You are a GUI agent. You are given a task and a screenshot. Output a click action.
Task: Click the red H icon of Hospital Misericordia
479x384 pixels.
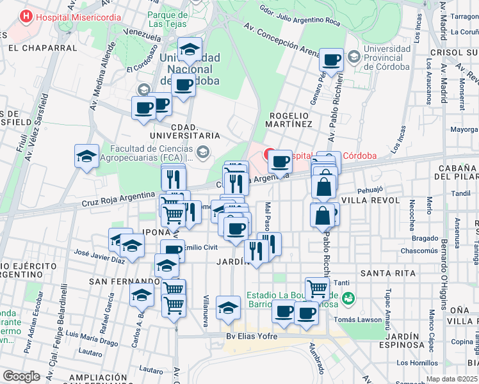[x=26, y=17]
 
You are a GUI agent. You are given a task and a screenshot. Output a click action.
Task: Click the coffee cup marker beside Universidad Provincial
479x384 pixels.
[x=331, y=61]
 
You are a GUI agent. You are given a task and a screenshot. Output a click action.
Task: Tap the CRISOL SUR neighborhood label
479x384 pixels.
[x=453, y=52]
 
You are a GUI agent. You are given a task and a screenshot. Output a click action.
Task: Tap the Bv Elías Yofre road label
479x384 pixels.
[x=254, y=336]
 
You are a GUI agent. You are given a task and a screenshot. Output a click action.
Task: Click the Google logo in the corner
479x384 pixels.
[x=21, y=376]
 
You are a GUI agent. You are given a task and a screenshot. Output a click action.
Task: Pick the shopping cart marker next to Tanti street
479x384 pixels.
[x=317, y=289]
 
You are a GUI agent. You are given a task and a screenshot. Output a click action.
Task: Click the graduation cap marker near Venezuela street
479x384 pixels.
[x=190, y=49]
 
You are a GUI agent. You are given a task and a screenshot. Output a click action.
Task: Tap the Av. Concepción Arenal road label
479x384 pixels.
[x=282, y=40]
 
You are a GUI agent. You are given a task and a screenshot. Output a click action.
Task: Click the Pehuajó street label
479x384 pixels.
[x=369, y=189]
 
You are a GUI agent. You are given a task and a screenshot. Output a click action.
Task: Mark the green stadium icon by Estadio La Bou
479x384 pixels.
[x=348, y=298]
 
